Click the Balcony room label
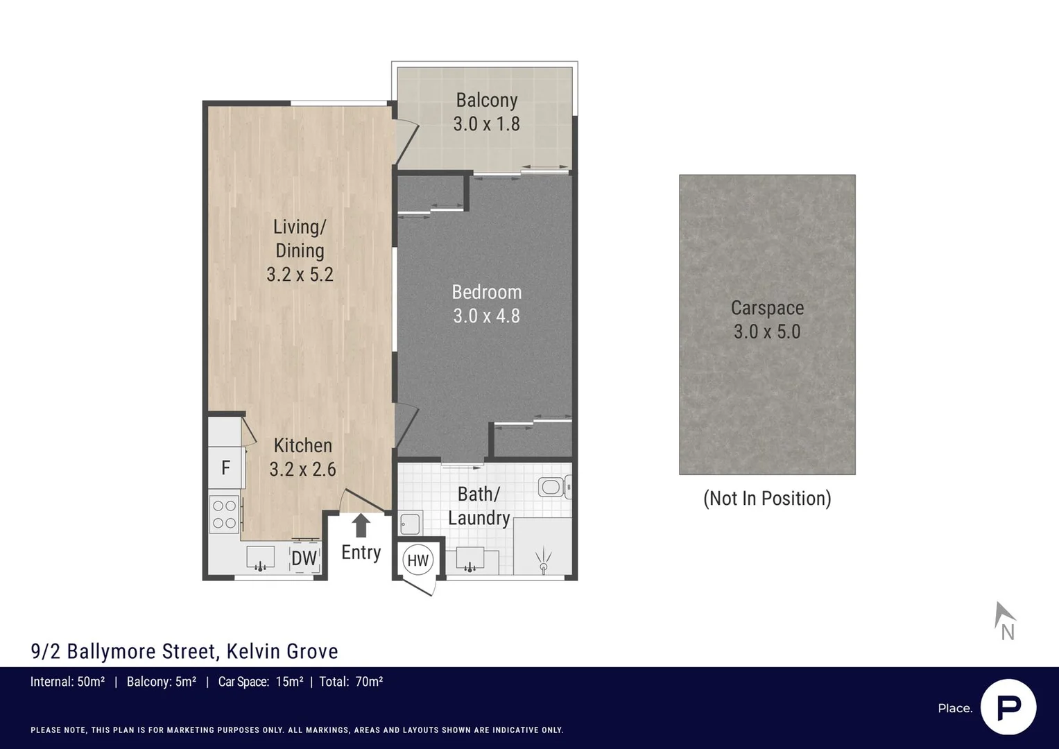click(486, 101)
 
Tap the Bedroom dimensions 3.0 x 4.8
click(486, 316)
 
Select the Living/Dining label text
click(300, 239)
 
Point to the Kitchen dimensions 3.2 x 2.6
click(302, 470)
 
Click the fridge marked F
click(225, 468)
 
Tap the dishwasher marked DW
click(304, 558)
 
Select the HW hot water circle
click(417, 560)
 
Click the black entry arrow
click(361, 525)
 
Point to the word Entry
click(361, 552)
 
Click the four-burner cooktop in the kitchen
click(224, 514)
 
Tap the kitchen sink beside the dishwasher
click(260, 558)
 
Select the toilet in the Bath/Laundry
click(554, 487)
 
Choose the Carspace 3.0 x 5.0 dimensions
click(767, 332)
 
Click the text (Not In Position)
click(767, 498)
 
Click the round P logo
click(1008, 707)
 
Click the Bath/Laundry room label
click(479, 506)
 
